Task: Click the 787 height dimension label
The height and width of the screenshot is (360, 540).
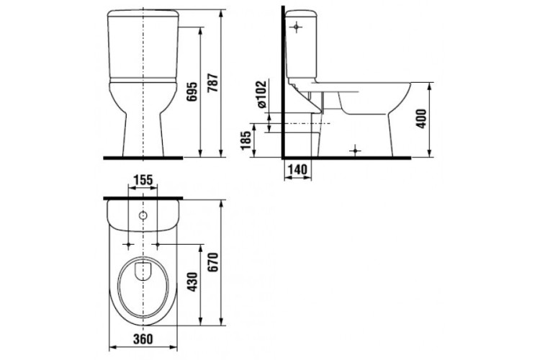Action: pos(214,83)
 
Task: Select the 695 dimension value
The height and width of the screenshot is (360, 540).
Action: pos(192,91)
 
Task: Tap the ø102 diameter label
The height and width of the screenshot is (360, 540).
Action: pos(262,94)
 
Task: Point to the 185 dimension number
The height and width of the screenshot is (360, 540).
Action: pos(246,140)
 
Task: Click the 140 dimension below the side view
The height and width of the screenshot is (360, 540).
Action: pos(297,169)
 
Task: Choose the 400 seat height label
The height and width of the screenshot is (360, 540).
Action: pos(421,119)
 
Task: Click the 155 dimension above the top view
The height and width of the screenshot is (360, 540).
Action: pos(143,180)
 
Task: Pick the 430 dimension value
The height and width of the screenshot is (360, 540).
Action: pos(192,282)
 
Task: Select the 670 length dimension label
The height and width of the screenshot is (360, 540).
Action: pos(214,262)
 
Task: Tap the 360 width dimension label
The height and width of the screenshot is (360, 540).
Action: pos(143,339)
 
